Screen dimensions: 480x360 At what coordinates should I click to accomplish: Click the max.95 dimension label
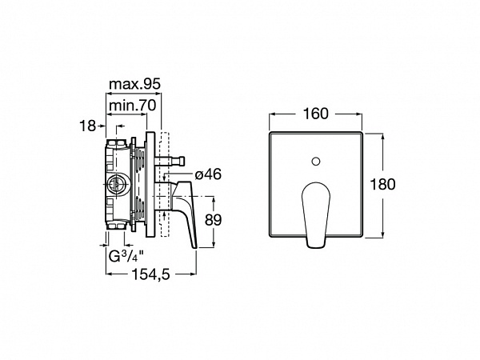coord(134,84)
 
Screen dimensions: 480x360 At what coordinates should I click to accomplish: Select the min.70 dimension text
coord(133,106)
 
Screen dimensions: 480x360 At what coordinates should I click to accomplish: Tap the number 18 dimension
coord(87,126)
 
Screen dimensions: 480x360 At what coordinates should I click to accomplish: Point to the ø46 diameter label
coord(208,174)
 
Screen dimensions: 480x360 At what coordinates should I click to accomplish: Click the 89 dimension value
coord(213,220)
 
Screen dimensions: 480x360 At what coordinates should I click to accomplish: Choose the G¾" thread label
coord(126,256)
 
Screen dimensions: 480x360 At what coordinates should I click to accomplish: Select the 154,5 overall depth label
coord(150,274)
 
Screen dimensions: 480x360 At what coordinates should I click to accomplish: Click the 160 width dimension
coord(315,114)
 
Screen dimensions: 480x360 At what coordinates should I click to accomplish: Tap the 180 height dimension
coord(382,184)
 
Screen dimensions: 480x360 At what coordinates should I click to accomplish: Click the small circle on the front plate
coord(316,161)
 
